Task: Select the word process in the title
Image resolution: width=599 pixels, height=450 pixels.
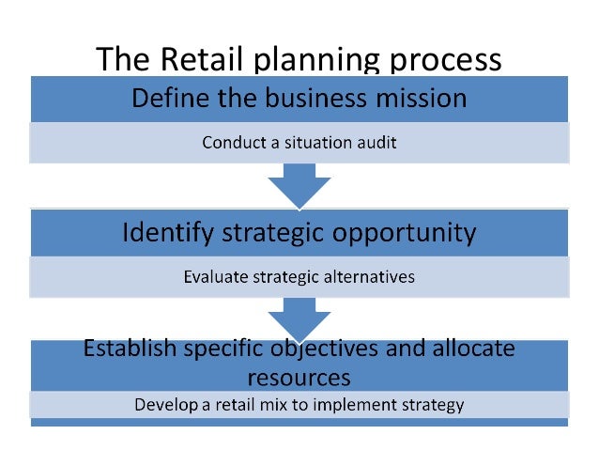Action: pos(435,61)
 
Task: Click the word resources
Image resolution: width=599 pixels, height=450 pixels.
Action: pos(299,378)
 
